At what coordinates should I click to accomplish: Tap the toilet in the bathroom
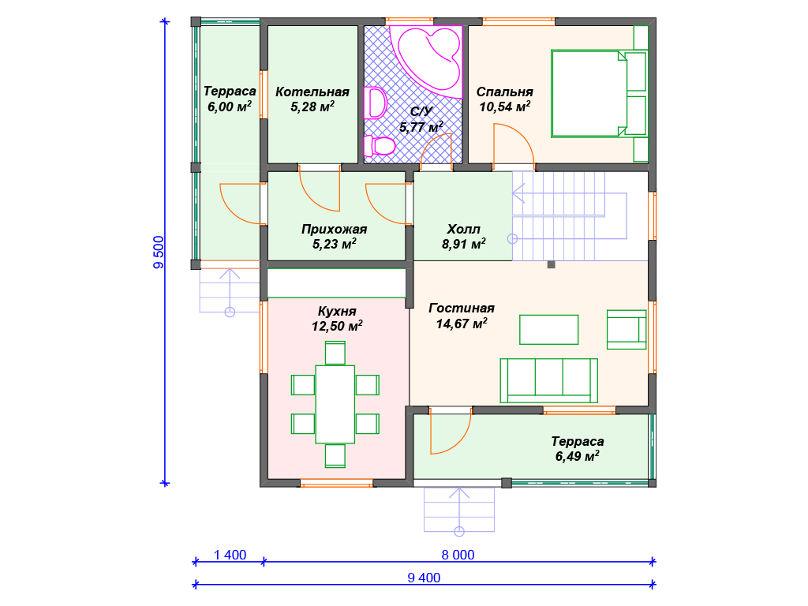click(x=380, y=146)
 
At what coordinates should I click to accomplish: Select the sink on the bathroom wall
click(x=376, y=103)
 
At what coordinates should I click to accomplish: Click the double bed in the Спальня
click(x=599, y=94)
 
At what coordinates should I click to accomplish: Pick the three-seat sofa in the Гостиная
click(x=549, y=381)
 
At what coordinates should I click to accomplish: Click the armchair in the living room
click(x=627, y=329)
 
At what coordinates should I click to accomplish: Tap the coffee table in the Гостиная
click(x=549, y=330)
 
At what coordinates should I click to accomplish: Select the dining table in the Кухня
click(x=335, y=404)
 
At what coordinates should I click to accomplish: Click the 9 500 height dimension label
click(x=159, y=252)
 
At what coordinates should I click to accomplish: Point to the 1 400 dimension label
click(x=230, y=555)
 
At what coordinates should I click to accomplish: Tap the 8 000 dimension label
click(x=458, y=555)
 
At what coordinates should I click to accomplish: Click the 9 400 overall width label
click(x=424, y=578)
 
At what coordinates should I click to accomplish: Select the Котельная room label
click(x=312, y=92)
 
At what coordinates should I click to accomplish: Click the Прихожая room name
click(x=334, y=229)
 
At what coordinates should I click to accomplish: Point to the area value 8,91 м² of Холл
click(x=464, y=244)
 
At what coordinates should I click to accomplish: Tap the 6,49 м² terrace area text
click(x=577, y=456)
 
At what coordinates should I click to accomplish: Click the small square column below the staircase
click(x=551, y=264)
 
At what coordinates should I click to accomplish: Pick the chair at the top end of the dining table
click(x=335, y=353)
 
